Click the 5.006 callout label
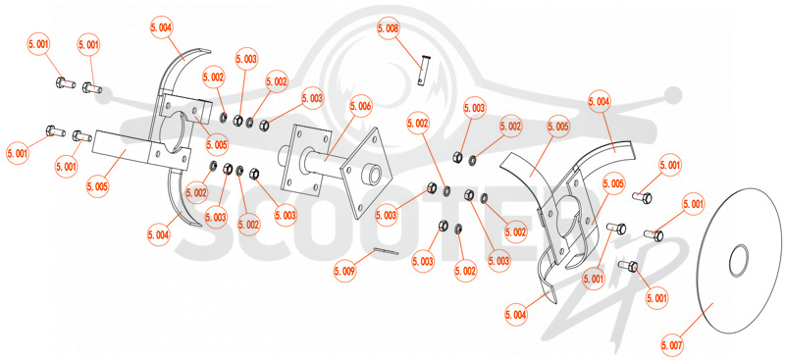360,106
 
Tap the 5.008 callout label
389,29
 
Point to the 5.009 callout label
345,272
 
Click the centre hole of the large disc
739,260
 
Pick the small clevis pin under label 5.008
423,70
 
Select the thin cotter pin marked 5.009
386,251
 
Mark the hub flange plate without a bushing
306,159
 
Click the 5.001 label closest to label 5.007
657,299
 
